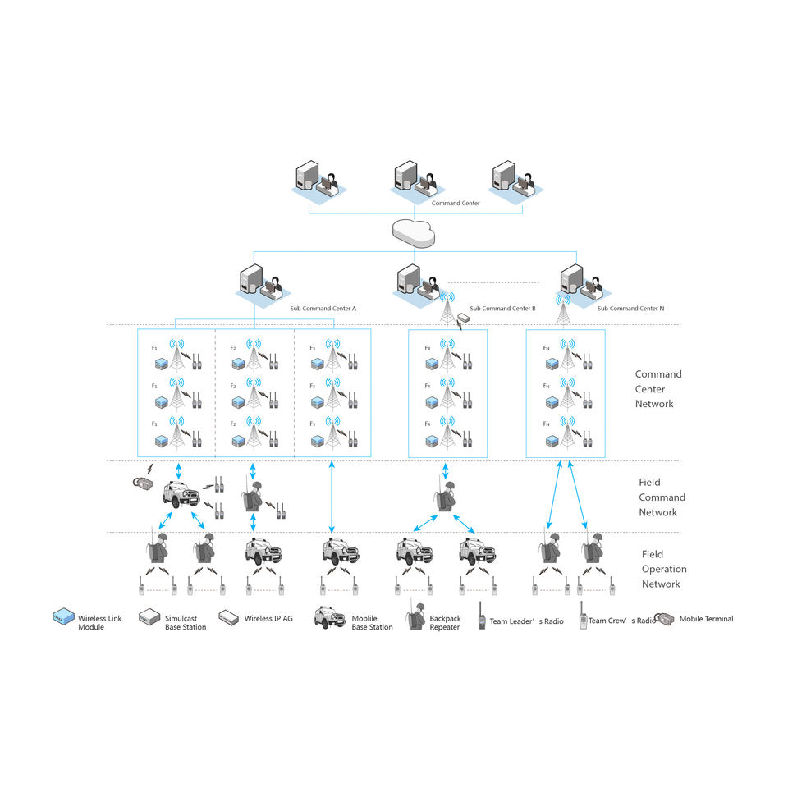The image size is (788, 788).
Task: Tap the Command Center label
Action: tap(456, 203)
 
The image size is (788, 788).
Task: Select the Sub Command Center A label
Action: tap(323, 309)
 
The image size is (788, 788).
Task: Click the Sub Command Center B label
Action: tap(502, 309)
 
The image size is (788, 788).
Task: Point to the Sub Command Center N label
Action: tap(630, 309)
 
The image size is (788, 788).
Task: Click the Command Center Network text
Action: tap(658, 389)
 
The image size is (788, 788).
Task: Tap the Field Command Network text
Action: tap(662, 497)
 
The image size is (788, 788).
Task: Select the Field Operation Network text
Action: tap(664, 569)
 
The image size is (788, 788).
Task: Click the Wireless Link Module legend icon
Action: tap(63, 618)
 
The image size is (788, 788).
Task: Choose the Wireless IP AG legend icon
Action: tap(229, 618)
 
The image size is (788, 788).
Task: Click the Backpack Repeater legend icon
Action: tap(415, 618)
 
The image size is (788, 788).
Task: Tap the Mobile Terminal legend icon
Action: tap(666, 619)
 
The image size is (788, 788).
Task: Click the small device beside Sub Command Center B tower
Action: tap(464, 319)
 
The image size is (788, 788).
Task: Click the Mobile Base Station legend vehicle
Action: tap(330, 618)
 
